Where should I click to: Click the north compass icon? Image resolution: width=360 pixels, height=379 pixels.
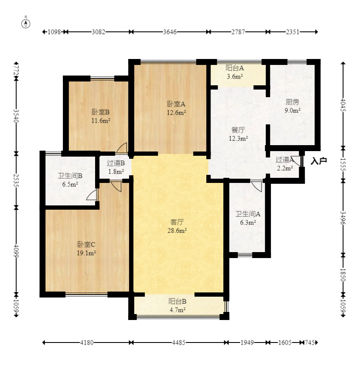(26, 24)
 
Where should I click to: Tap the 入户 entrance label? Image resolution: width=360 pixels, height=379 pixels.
(319, 161)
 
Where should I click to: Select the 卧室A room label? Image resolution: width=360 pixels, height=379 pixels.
(176, 104)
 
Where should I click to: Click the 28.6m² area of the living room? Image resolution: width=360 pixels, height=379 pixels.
(177, 230)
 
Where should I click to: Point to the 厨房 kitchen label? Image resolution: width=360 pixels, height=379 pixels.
(292, 102)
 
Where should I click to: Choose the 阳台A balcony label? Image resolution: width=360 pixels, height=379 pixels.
(234, 68)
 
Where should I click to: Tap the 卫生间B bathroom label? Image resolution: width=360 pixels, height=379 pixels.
(70, 176)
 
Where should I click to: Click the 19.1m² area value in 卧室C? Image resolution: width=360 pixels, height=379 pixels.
(86, 253)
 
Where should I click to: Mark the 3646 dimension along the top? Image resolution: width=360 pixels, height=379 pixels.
(169, 32)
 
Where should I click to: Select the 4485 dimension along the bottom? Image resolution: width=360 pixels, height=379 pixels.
(179, 343)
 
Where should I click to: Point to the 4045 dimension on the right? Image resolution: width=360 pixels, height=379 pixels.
(343, 105)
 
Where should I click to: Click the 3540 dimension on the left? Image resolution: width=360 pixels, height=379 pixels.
(16, 116)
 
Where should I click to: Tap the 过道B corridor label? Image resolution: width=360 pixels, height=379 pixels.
(116, 163)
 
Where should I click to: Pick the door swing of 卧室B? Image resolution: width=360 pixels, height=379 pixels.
(121, 148)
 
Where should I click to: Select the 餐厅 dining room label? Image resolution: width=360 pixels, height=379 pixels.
(238, 130)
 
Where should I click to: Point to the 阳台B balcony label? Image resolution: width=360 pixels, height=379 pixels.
(177, 301)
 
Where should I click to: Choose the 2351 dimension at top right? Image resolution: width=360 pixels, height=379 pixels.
(292, 32)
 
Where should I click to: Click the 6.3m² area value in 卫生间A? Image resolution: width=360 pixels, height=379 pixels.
(248, 222)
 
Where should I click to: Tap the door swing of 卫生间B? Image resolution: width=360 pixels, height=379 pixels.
(92, 194)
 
